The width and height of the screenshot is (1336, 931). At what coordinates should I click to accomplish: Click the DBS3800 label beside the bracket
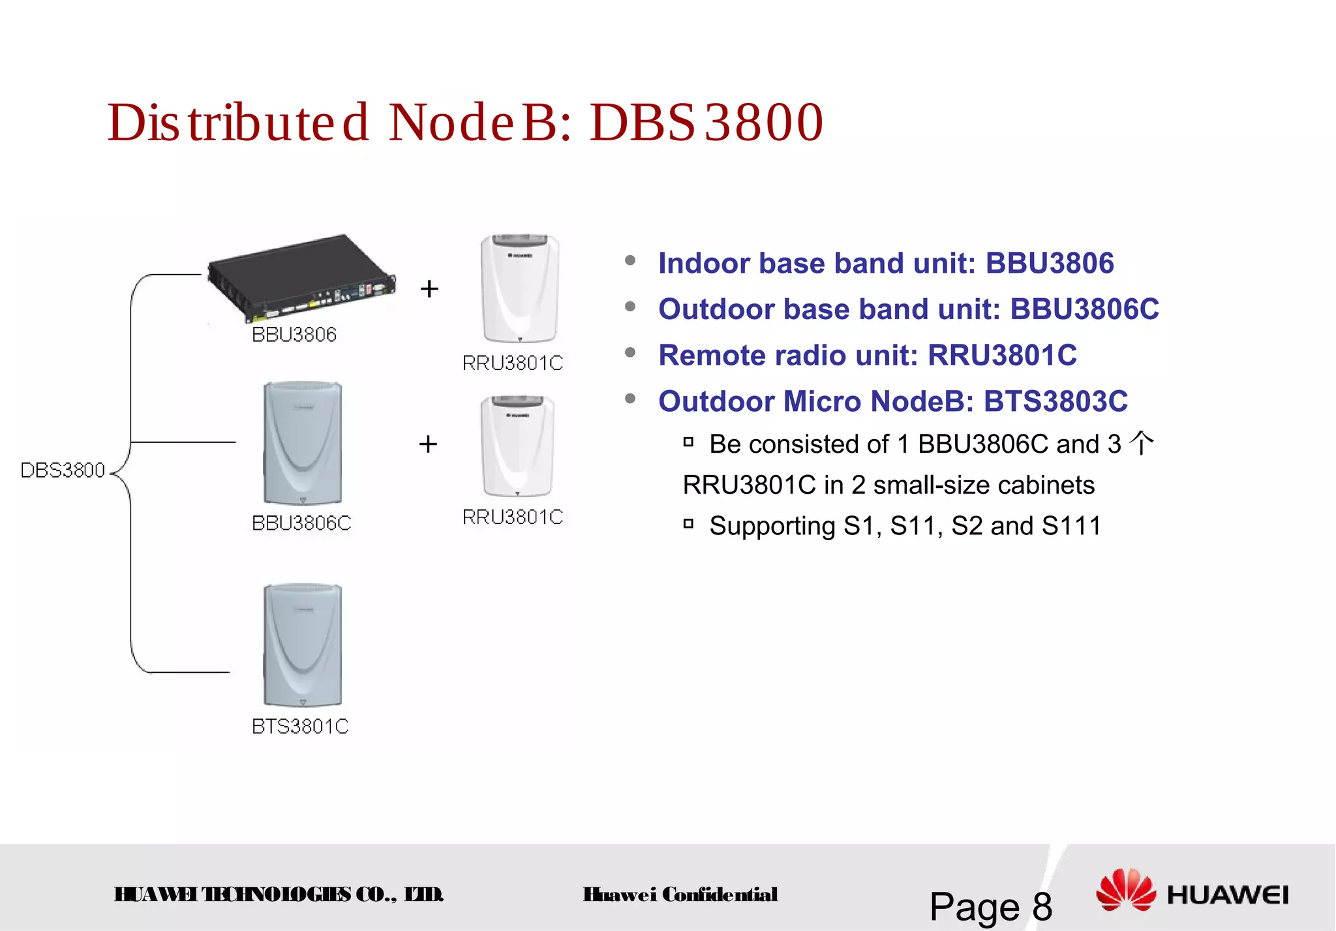click(63, 470)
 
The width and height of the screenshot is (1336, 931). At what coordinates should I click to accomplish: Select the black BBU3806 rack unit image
click(301, 277)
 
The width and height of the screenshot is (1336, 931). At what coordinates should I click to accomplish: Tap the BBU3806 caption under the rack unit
click(294, 335)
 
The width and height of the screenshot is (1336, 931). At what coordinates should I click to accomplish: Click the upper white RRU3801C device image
click(520, 288)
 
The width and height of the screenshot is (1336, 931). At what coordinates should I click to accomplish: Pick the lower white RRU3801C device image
click(517, 446)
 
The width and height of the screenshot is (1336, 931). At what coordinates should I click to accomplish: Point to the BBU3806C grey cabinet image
click(302, 444)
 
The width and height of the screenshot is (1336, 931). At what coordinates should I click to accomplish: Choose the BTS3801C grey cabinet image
click(302, 645)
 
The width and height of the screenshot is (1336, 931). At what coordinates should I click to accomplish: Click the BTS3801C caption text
click(300, 726)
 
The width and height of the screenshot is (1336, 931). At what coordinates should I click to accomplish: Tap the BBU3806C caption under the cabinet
click(301, 523)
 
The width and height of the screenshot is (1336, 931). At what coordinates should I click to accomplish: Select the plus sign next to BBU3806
click(429, 288)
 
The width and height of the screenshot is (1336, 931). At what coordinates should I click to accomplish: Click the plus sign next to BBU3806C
click(428, 444)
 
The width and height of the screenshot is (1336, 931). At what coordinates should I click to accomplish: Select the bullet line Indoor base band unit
click(886, 264)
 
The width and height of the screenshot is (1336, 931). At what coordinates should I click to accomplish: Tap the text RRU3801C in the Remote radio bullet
click(1002, 356)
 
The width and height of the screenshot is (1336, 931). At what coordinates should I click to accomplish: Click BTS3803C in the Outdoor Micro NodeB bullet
click(1055, 401)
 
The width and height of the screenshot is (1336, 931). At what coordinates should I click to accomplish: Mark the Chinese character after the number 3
click(1142, 444)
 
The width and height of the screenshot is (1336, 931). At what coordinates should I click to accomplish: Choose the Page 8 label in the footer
click(990, 906)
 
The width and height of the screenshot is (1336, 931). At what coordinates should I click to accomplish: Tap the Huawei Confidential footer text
click(680, 894)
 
